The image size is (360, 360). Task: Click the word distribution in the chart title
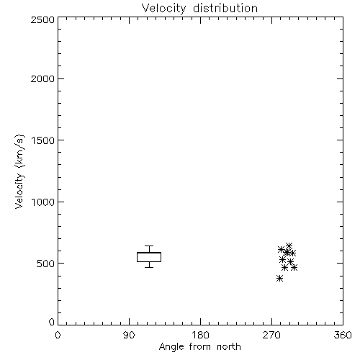point(225,8)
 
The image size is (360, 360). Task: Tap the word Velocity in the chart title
point(164,9)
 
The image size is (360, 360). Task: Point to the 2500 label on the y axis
point(42,19)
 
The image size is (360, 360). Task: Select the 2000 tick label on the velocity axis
point(42,78)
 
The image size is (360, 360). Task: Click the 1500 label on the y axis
point(43,140)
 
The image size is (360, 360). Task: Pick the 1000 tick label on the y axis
point(43,202)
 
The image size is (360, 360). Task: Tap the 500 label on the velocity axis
point(46,264)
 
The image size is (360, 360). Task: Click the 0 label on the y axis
point(52,322)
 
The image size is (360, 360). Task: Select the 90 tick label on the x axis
point(129,335)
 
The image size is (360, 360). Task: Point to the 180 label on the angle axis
point(200,335)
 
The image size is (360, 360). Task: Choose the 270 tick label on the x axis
point(271,335)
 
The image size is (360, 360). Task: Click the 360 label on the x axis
point(343,335)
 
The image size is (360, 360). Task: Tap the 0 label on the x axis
point(58,335)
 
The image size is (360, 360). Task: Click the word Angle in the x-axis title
point(171,347)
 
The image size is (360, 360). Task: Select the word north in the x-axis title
point(229,346)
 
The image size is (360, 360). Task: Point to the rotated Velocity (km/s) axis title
point(19,171)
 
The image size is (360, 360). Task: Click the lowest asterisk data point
point(279,279)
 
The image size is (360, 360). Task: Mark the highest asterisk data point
point(289,246)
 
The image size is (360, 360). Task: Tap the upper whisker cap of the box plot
point(149,246)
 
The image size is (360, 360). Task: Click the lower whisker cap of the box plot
point(149,267)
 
